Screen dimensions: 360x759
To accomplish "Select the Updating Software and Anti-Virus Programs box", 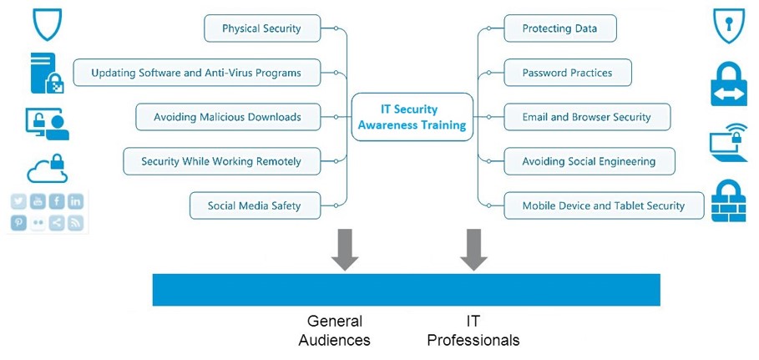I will point(198,73).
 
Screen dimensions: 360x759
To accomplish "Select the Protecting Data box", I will point(560,29).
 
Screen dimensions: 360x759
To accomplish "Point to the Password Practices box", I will point(568,73).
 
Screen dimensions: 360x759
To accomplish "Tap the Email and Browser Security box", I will point(588,117).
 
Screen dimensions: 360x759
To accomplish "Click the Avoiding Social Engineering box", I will point(589,161).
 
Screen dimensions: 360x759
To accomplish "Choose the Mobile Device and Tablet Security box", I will point(603,205).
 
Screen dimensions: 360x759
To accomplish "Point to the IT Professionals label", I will point(473,331).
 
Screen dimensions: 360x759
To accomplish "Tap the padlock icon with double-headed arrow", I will point(728,81).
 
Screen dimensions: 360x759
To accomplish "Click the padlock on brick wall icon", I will point(727,200).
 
